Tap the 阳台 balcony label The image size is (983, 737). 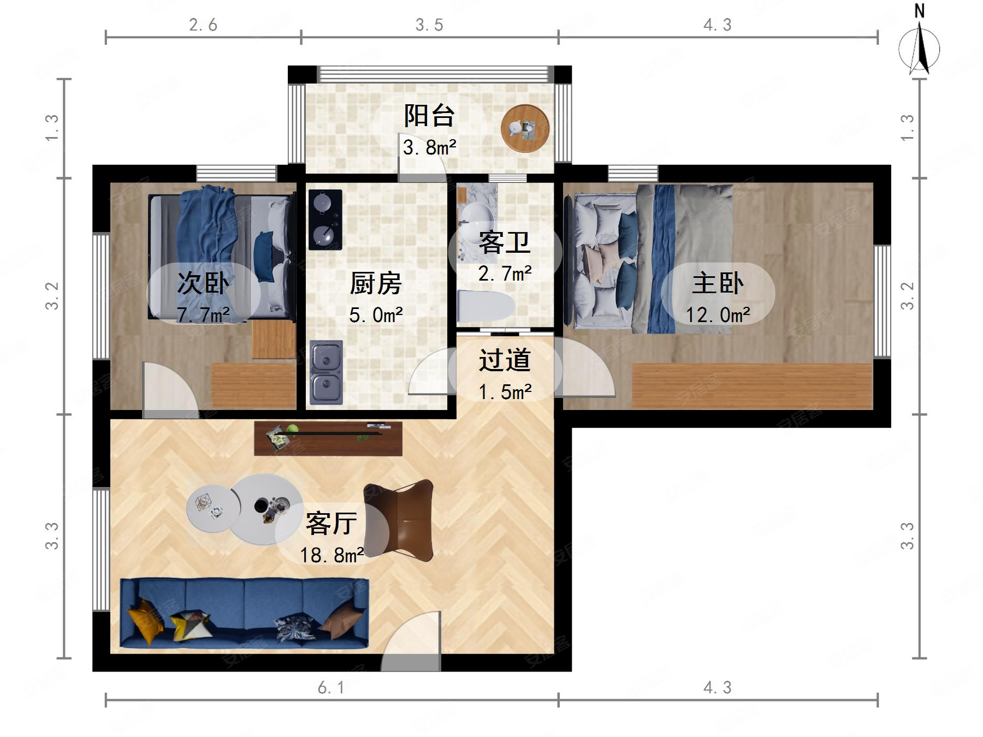pyautogui.click(x=429, y=116)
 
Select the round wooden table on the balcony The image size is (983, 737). pyautogui.click(x=525, y=129)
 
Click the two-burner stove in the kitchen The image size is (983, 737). pyautogui.click(x=325, y=219)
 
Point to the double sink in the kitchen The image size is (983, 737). pyautogui.click(x=326, y=372)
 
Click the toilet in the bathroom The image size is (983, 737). pyautogui.click(x=484, y=306)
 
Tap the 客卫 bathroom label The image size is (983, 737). pyautogui.click(x=504, y=242)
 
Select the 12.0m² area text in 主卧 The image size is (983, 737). pyautogui.click(x=718, y=315)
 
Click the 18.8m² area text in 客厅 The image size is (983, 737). pyautogui.click(x=331, y=555)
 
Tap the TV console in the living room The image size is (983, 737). pyautogui.click(x=328, y=438)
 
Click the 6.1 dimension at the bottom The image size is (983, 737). pyautogui.click(x=331, y=688)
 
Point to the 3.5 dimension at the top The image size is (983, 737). pyautogui.click(x=429, y=25)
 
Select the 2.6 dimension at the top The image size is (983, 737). pyautogui.click(x=203, y=25)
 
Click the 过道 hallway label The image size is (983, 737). pyautogui.click(x=505, y=360)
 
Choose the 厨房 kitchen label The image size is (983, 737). pyautogui.click(x=376, y=283)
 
